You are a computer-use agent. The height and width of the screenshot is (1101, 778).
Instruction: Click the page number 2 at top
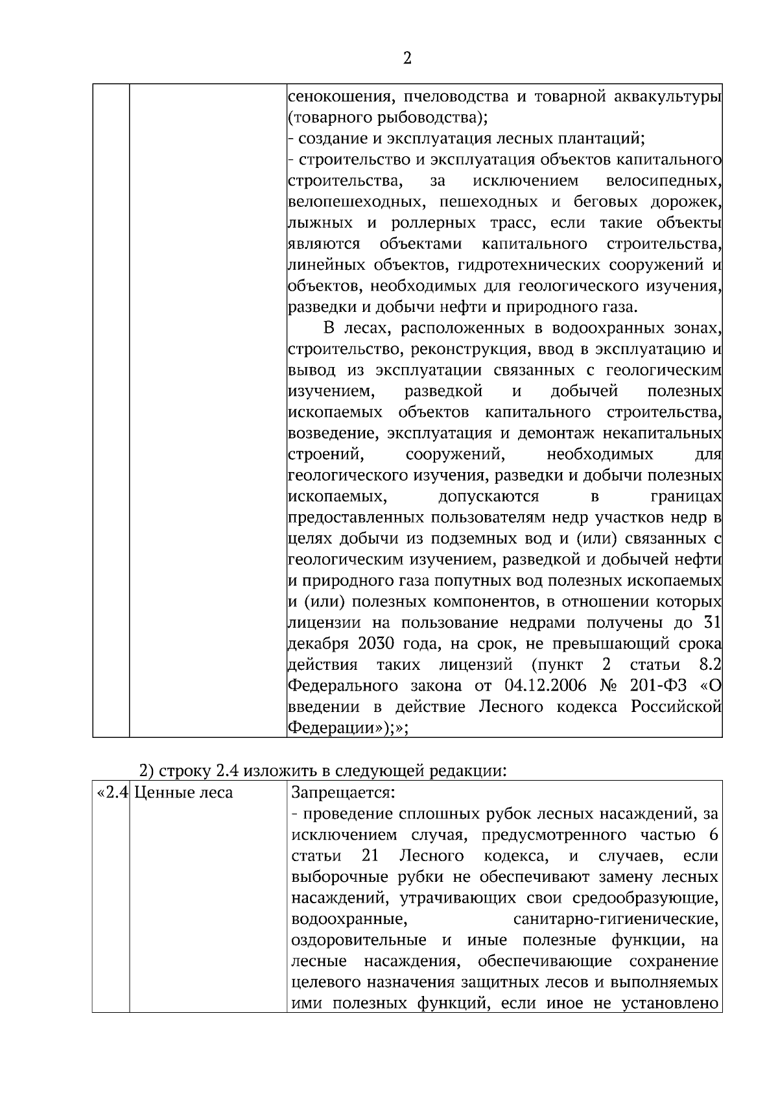click(407, 59)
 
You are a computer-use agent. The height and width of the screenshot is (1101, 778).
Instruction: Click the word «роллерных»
click(432, 223)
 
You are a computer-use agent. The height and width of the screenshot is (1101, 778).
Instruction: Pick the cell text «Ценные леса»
click(183, 792)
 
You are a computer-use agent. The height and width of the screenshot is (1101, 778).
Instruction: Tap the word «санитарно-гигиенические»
click(615, 919)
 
